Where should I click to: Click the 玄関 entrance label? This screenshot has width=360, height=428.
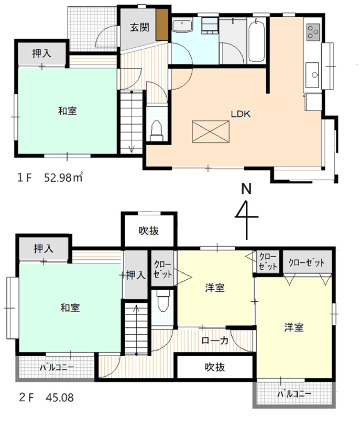click(x=138, y=28)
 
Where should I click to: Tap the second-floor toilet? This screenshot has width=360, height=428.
click(x=163, y=302)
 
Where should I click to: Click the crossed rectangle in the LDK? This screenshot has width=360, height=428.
click(x=210, y=131)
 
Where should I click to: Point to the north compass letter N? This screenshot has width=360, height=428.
click(x=244, y=189)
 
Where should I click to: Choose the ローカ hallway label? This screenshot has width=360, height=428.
click(x=215, y=340)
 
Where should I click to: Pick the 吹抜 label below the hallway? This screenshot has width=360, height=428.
click(x=214, y=367)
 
